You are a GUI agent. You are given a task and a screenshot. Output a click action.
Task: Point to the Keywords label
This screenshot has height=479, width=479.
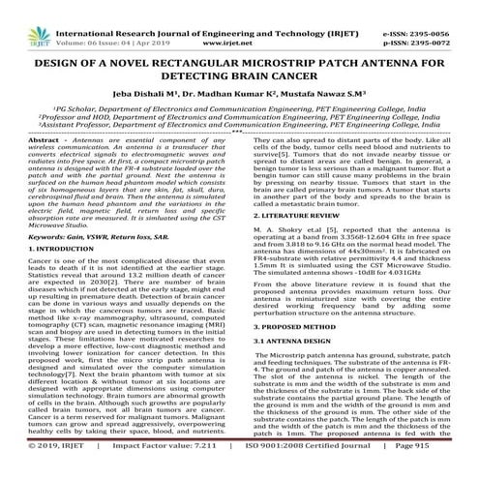coord(30,236)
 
